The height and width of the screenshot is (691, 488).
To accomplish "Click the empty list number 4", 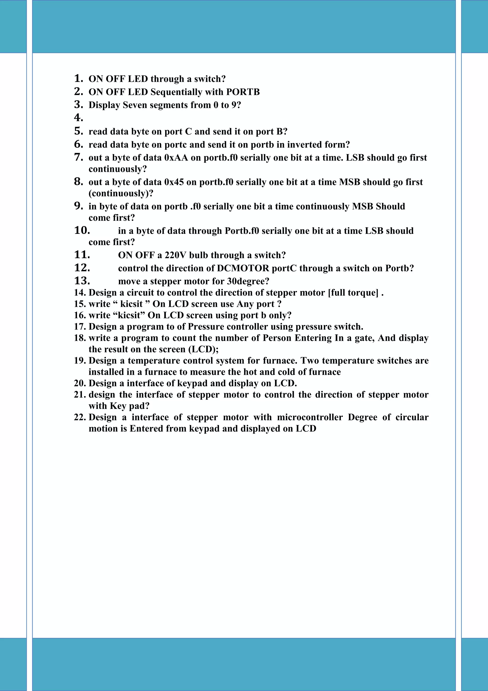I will pos(78,118).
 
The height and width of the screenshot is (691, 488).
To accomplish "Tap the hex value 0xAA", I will pos(176,158).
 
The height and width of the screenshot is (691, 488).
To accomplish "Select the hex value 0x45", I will pos(174,182).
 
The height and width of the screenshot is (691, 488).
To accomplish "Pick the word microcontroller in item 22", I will pos(310,417).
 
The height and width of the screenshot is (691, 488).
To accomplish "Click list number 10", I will pos(82,230).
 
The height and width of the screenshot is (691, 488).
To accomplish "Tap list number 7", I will pos(78,157).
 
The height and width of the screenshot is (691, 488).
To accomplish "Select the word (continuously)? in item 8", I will pos(121,193).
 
